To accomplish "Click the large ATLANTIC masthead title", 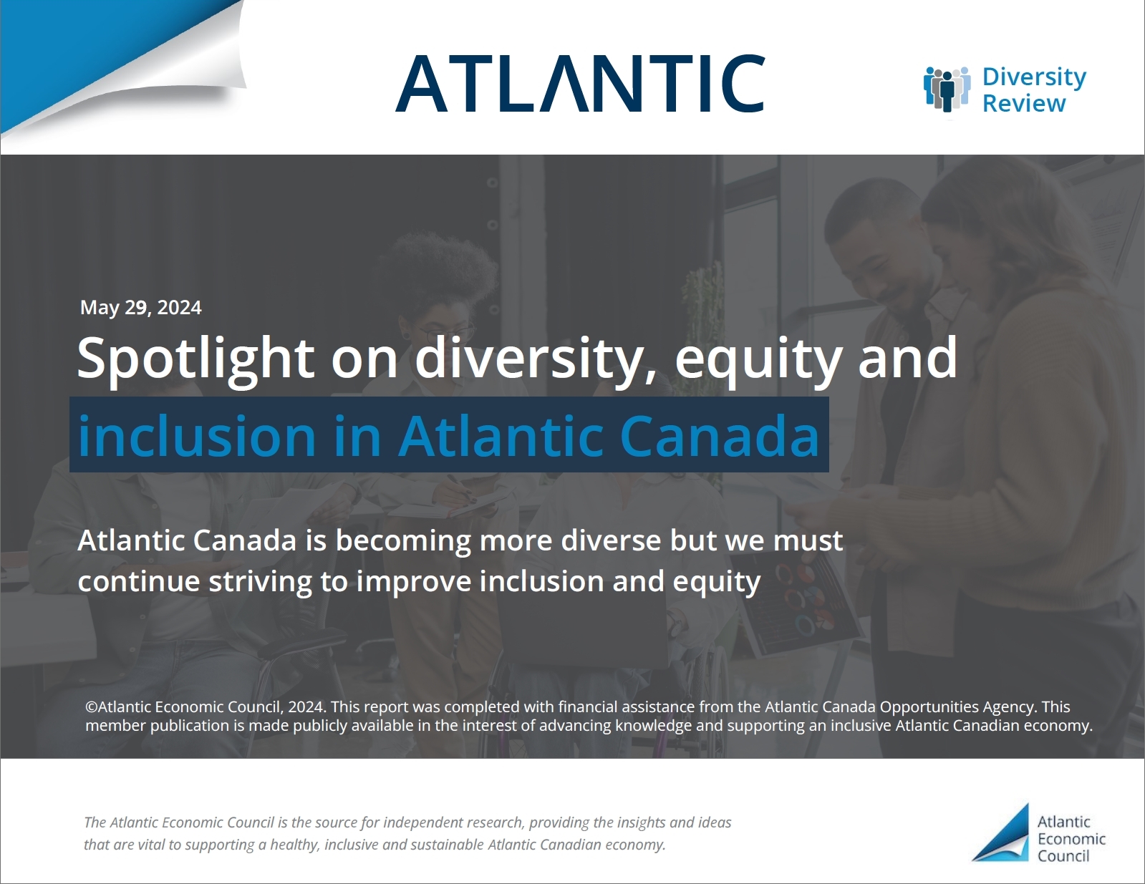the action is (579, 83).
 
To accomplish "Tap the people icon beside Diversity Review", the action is (947, 89).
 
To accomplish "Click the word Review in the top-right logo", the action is (1024, 103).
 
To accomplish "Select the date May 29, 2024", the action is (140, 308).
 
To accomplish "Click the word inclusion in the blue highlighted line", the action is (196, 436).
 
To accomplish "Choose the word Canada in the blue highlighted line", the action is (719, 436).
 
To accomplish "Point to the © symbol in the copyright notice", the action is (91, 706).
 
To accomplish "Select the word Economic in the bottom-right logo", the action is (1071, 839).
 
